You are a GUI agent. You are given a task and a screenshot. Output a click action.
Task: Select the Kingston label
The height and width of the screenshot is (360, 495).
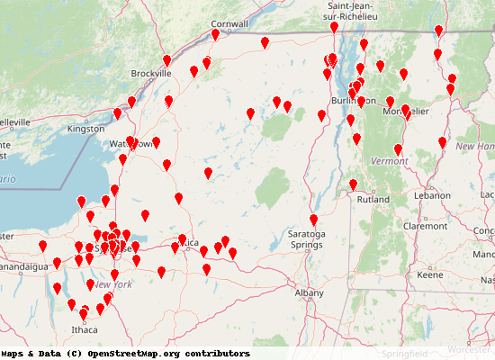point(86,130)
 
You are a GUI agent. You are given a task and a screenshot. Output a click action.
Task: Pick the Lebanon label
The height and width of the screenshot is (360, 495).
point(432,195)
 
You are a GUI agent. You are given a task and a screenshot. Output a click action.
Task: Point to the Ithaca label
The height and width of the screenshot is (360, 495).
point(85,329)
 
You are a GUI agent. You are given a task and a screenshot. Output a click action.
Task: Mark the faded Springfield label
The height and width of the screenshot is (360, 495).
point(405,354)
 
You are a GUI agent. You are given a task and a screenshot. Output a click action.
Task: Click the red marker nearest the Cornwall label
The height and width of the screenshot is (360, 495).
point(215,35)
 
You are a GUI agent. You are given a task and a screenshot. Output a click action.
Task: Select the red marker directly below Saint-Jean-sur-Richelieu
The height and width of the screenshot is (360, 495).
point(334,28)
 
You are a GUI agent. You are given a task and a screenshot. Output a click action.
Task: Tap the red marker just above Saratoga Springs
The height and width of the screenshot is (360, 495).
point(313,220)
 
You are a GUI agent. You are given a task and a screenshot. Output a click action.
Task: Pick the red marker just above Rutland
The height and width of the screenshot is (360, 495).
point(353,184)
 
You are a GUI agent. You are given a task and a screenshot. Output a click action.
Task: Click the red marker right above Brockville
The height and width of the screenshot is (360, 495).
point(166,60)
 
